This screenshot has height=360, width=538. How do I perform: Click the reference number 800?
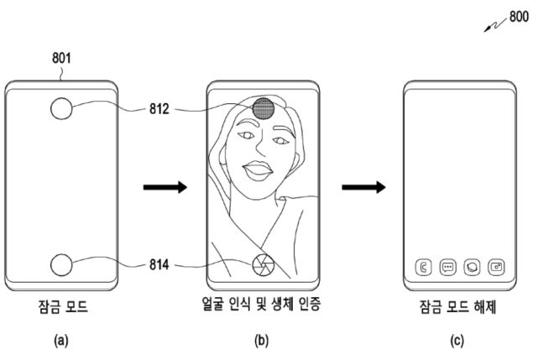coord(519,16)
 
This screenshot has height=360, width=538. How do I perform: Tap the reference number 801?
coord(61,58)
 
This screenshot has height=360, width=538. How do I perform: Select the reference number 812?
coord(159,109)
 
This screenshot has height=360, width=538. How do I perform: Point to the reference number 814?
coord(159,264)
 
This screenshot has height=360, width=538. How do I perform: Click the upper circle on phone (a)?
coord(61,108)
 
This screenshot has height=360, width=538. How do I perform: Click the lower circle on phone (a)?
coord(61,264)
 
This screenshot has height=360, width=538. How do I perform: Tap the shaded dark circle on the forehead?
coord(264,108)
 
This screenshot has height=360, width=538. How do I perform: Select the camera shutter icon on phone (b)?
coord(264,265)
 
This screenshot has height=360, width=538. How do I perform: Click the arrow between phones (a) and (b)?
coord(165,187)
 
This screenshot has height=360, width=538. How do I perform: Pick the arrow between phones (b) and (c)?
coord(363,187)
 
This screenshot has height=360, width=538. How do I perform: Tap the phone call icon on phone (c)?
coord(423,267)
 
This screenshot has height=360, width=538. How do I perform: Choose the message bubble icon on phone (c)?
coord(447,267)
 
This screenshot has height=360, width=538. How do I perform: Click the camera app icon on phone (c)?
coord(496,267)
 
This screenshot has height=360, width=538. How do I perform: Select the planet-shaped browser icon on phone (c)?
coord(473,267)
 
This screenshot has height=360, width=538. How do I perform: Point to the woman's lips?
coord(258,170)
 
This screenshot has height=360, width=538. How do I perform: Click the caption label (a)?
coord(61,341)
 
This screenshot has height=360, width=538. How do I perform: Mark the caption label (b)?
coord(262,341)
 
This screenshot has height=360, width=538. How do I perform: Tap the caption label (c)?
coord(457,341)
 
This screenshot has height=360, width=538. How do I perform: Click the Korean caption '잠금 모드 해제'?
coord(458,306)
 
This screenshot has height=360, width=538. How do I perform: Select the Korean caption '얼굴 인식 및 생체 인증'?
coord(262,304)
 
